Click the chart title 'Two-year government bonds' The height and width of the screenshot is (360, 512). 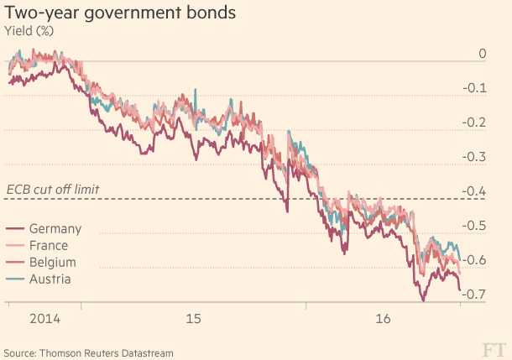click(x=119, y=14)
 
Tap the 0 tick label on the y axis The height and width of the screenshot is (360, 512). click(x=482, y=54)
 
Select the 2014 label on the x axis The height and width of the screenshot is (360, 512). click(x=44, y=320)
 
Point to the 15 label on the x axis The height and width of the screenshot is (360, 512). click(x=194, y=320)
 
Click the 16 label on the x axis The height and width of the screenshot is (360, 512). click(x=384, y=320)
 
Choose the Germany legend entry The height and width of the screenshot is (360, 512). click(x=55, y=229)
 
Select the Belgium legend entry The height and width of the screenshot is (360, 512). click(x=52, y=263)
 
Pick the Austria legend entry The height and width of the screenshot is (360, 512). click(x=50, y=279)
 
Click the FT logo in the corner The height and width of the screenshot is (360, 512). click(x=494, y=348)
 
